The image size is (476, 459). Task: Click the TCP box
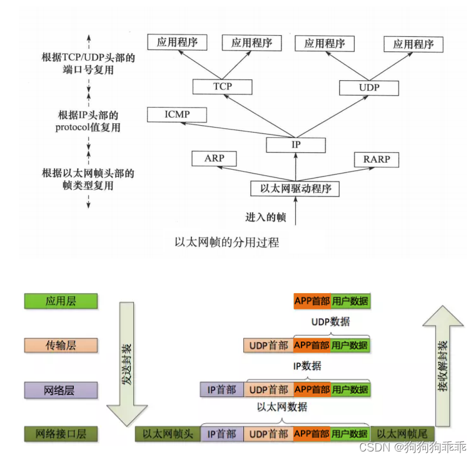pos(222,87)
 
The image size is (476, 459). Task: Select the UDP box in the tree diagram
pos(369,88)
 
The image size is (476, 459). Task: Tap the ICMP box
pos(177,115)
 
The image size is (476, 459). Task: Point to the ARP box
pos(214,159)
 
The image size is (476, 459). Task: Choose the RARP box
pos(376,160)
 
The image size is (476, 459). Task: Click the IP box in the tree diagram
pos(296,145)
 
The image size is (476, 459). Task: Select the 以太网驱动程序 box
pos(295,188)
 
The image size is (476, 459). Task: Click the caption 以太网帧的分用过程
pos(226,242)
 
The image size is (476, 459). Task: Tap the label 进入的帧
pos(265,217)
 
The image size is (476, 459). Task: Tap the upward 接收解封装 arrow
pos(443,363)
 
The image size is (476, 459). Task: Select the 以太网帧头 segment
pos(168,434)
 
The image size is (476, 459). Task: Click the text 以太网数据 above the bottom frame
pos(282,407)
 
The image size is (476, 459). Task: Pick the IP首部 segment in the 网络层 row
pos(221,389)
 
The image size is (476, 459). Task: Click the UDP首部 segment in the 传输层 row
pos(268,345)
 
